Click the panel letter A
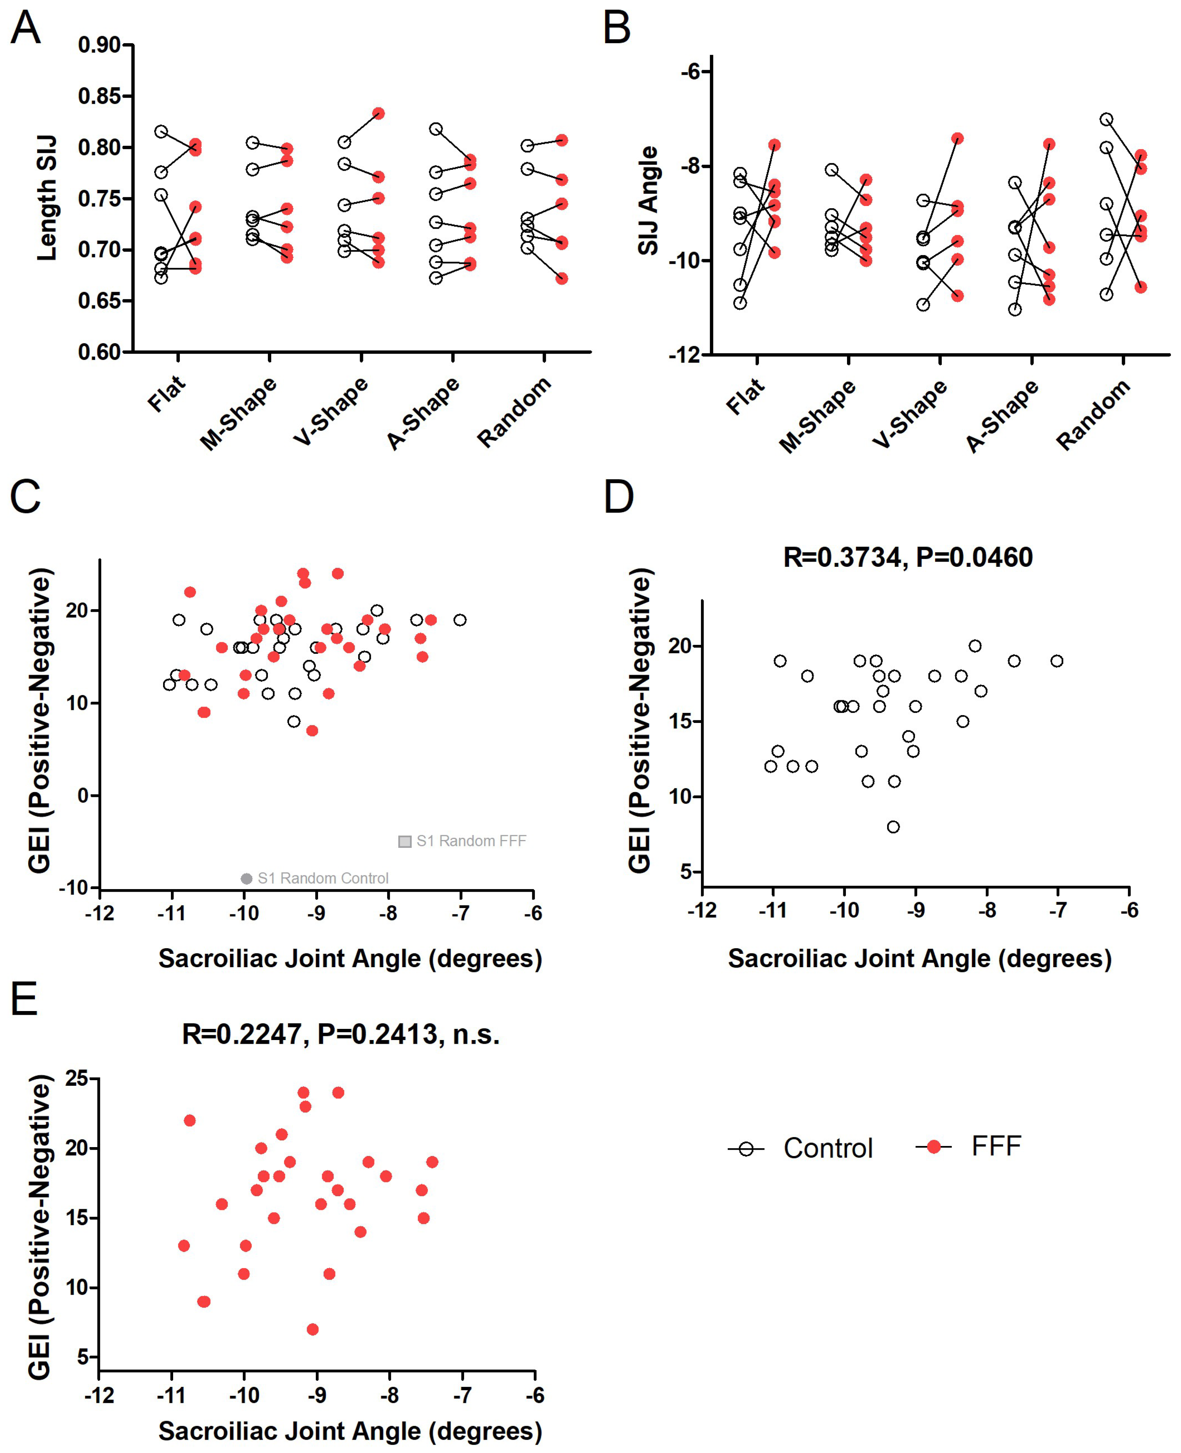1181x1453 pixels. coord(26,29)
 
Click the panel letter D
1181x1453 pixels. coord(619,497)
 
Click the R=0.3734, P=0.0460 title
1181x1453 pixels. coord(908,558)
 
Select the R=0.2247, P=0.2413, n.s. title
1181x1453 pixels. coord(341,1034)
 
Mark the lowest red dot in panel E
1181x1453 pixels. coord(312,1329)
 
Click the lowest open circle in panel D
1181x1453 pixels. coord(893,827)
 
